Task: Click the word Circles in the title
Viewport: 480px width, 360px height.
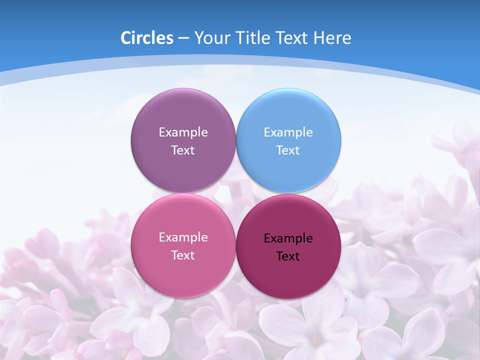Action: click(x=147, y=38)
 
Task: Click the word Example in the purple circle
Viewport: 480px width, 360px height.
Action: click(x=183, y=132)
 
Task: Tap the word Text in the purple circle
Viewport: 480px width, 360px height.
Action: click(x=183, y=150)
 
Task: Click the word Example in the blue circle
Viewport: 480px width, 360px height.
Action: click(x=288, y=132)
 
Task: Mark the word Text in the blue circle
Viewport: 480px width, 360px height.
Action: click(x=288, y=150)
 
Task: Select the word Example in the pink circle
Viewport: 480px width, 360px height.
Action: click(x=183, y=237)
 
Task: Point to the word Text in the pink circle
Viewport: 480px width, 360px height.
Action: click(x=183, y=255)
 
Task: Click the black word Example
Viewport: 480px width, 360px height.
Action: click(x=288, y=238)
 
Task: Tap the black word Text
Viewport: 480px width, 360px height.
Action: click(x=288, y=256)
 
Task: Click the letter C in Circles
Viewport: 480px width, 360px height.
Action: click(x=126, y=38)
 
